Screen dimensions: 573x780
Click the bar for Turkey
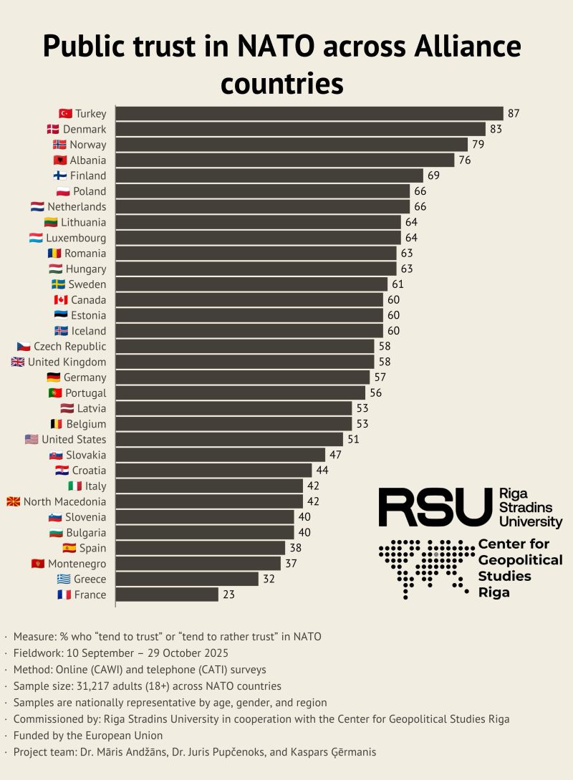click(309, 113)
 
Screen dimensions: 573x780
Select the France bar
click(167, 594)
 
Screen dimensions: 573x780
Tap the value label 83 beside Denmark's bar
click(496, 129)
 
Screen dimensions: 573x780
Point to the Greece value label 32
click(269, 579)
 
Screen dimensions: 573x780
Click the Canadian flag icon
click(61, 300)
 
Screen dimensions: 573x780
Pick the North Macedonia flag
click(14, 501)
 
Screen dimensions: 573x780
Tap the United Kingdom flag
click(17, 362)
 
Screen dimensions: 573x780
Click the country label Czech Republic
click(69, 346)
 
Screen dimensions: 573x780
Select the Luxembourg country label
click(76, 238)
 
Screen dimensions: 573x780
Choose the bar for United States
click(229, 439)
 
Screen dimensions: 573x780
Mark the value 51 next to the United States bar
click(353, 439)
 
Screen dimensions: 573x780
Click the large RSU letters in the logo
click(435, 507)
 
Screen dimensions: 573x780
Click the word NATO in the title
click(276, 46)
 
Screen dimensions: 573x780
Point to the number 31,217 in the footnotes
click(92, 686)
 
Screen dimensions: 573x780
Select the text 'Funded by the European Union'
click(88, 735)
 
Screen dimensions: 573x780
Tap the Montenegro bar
click(198, 563)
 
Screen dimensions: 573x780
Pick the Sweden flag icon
click(58, 284)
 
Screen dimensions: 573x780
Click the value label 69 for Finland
click(433, 175)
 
